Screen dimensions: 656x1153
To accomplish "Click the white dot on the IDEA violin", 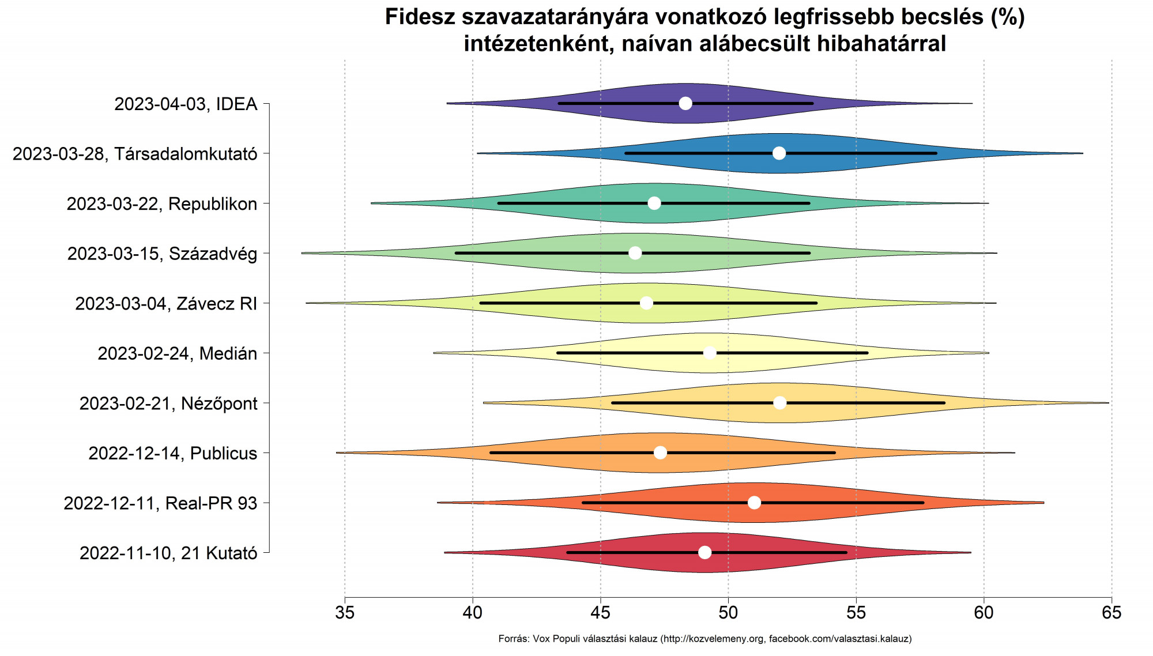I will pos(685,104).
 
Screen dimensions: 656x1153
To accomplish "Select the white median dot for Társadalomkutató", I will pos(779,153).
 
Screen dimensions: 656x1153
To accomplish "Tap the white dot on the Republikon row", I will pos(654,203).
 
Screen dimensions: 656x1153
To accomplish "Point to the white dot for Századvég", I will pos(635,253).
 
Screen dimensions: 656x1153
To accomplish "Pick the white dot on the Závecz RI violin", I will pos(647,303).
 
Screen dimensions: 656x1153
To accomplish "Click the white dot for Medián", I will pos(710,353).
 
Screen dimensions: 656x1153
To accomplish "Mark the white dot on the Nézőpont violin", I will pos(780,403).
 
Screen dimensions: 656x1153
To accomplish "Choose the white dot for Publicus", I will pos(661,453).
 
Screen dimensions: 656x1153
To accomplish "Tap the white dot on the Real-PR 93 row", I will pos(754,503).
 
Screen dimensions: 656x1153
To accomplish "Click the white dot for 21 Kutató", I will pos(704,553).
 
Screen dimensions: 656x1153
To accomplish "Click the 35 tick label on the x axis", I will pos(345,613).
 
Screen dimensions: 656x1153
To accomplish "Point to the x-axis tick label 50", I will pos(728,613).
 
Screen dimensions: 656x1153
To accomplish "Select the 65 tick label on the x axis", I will pos(1111,613).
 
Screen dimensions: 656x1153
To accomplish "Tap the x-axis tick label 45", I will pos(600,613).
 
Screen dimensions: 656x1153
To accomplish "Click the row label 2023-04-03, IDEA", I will pos(186,104).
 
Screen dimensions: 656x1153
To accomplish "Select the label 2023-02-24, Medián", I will pos(177,353).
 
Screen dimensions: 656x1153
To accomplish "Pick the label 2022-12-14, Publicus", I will pos(172,454).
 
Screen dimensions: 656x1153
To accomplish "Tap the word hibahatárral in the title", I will pos(881,44).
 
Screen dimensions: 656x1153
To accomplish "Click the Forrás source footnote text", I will pos(704,639).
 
